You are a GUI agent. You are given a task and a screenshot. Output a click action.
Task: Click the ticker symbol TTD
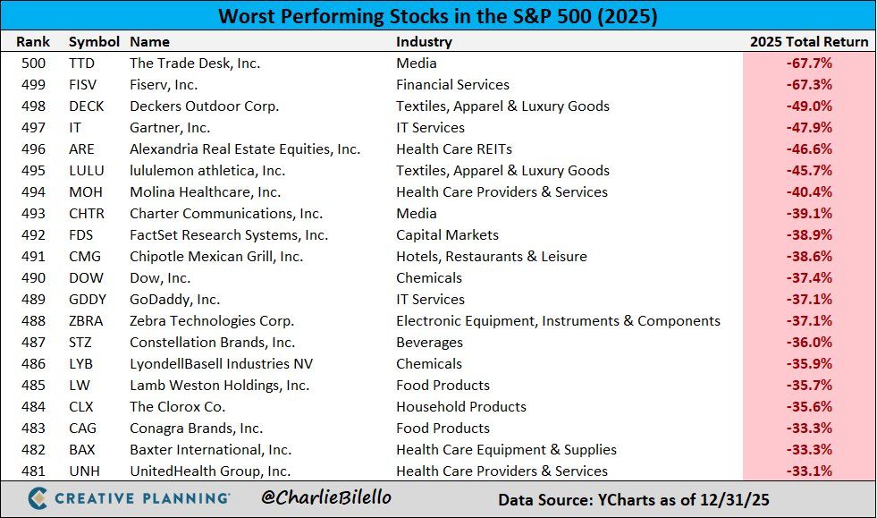[x=81, y=64]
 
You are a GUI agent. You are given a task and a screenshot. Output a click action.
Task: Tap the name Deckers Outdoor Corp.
[x=204, y=106]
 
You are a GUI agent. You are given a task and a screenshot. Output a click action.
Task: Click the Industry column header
[x=424, y=42]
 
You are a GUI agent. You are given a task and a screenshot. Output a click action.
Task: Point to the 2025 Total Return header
[x=808, y=42]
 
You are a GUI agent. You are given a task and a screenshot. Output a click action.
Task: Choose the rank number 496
[x=36, y=149]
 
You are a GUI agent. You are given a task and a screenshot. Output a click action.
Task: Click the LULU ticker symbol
[x=87, y=171]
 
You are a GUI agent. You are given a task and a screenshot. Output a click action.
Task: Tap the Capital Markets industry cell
[x=448, y=235]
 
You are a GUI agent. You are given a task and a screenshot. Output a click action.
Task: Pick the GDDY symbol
[x=87, y=300]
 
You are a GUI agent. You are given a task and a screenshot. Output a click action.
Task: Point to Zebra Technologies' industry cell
[x=558, y=321]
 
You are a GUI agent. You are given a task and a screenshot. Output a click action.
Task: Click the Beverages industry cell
[x=429, y=343]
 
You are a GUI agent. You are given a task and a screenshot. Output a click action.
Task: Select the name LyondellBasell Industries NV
[x=221, y=364]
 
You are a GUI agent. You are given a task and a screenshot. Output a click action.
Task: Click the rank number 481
[x=36, y=471]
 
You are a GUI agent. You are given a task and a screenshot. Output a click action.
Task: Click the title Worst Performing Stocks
[x=438, y=17]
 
